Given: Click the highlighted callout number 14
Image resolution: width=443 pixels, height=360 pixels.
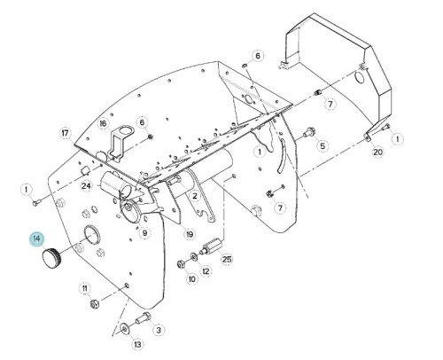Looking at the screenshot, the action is (36, 239).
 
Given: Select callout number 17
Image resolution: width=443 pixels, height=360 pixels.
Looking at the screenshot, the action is (66, 134).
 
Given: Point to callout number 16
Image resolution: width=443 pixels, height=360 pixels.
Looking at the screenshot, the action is (103, 123).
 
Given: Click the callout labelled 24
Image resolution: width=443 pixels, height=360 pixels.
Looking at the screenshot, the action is (87, 186).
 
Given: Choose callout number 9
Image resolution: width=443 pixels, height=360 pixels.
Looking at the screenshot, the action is (144, 233).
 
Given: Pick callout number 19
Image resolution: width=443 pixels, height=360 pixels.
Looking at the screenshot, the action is (190, 234).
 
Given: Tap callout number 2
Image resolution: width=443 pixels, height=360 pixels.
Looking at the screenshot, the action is (195, 195).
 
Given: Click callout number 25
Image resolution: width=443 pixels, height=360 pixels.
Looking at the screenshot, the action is (227, 259).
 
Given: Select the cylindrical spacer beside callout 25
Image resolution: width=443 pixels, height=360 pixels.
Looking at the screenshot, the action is (211, 247).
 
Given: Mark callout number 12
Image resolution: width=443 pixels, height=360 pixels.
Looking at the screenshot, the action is (206, 271).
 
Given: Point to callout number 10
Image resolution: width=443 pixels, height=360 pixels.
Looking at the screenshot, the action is (192, 278).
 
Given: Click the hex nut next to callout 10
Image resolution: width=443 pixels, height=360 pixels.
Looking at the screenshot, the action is (181, 264).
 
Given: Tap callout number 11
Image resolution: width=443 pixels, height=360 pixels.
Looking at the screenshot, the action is (85, 288).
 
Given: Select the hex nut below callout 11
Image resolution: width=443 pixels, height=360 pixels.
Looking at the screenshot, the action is (95, 303).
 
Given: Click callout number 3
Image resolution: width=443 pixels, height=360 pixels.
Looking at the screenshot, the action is (159, 330).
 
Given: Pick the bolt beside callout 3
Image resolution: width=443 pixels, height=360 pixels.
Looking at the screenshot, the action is (144, 317).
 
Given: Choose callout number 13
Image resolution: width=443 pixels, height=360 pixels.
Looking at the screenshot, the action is (137, 344).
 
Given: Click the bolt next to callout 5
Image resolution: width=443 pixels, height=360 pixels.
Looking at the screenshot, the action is (307, 132).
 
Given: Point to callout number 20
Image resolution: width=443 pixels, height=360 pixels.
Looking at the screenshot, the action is (377, 152).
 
